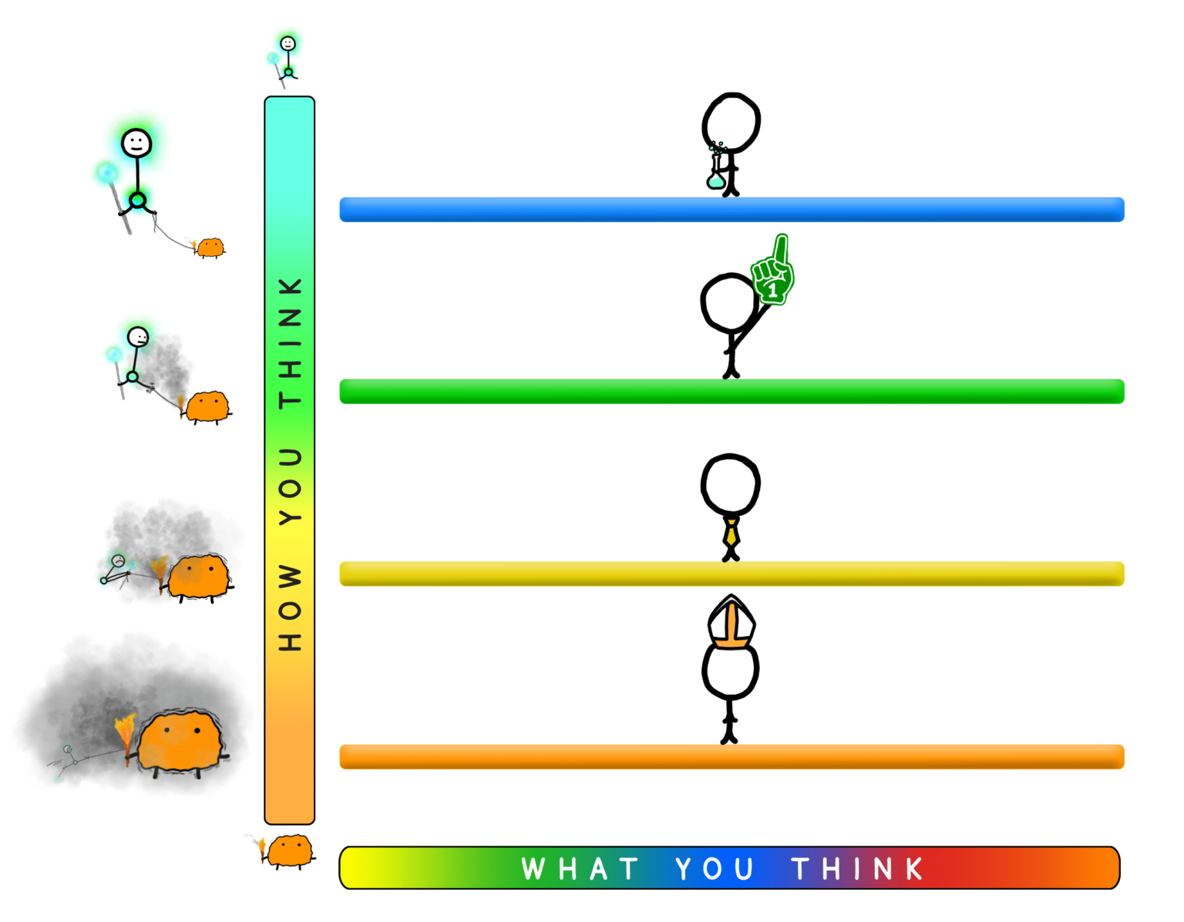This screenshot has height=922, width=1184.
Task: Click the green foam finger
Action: coord(772,271)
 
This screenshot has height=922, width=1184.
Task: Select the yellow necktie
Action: coord(732,533)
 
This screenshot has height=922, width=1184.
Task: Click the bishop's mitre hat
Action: coord(732,622)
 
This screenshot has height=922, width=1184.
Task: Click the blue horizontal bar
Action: coord(732,210)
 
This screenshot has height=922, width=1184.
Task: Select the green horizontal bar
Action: coord(732,392)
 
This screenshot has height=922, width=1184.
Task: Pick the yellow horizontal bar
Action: coord(732,574)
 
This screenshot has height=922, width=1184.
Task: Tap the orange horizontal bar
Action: coord(732,757)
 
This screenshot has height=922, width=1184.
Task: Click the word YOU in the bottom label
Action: coord(715,869)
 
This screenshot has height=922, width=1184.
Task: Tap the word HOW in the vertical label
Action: coord(290,607)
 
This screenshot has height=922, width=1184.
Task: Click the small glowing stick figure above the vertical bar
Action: coord(284,60)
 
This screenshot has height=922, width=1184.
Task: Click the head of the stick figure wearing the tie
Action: coord(730,484)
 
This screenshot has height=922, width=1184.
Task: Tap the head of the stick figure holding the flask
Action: coord(732,123)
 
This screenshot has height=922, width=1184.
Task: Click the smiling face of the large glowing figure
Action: coord(136,143)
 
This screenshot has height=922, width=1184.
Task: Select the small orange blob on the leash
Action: coord(210,248)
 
